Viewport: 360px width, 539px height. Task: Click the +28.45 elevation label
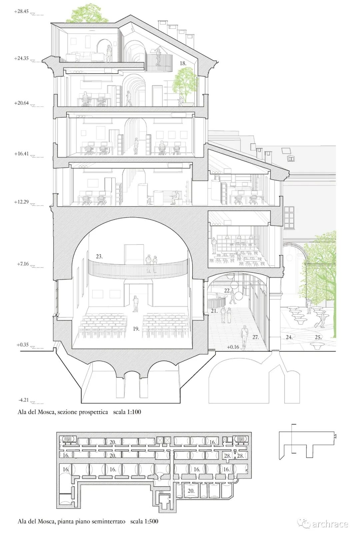[21, 11]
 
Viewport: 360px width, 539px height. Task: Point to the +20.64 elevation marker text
[21, 103]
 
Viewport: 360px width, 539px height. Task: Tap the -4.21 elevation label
[23, 400]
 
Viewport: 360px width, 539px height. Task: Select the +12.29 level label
[21, 202]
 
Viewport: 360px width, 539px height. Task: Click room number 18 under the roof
[183, 63]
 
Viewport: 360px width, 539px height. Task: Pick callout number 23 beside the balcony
[99, 257]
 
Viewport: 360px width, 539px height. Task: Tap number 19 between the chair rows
[136, 328]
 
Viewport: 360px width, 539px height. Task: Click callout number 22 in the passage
[227, 290]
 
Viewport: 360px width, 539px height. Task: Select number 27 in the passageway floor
[255, 337]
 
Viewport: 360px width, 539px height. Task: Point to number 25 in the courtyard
[318, 337]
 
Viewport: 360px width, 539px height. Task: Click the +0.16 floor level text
[233, 347]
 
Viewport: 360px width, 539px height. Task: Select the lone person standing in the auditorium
[135, 303]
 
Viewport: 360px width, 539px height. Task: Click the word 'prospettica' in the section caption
[93, 412]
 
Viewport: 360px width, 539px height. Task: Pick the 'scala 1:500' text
[144, 521]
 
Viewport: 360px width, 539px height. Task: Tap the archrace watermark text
[330, 524]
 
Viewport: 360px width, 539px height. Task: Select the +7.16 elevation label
[23, 264]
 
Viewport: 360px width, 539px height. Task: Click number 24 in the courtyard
[289, 337]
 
